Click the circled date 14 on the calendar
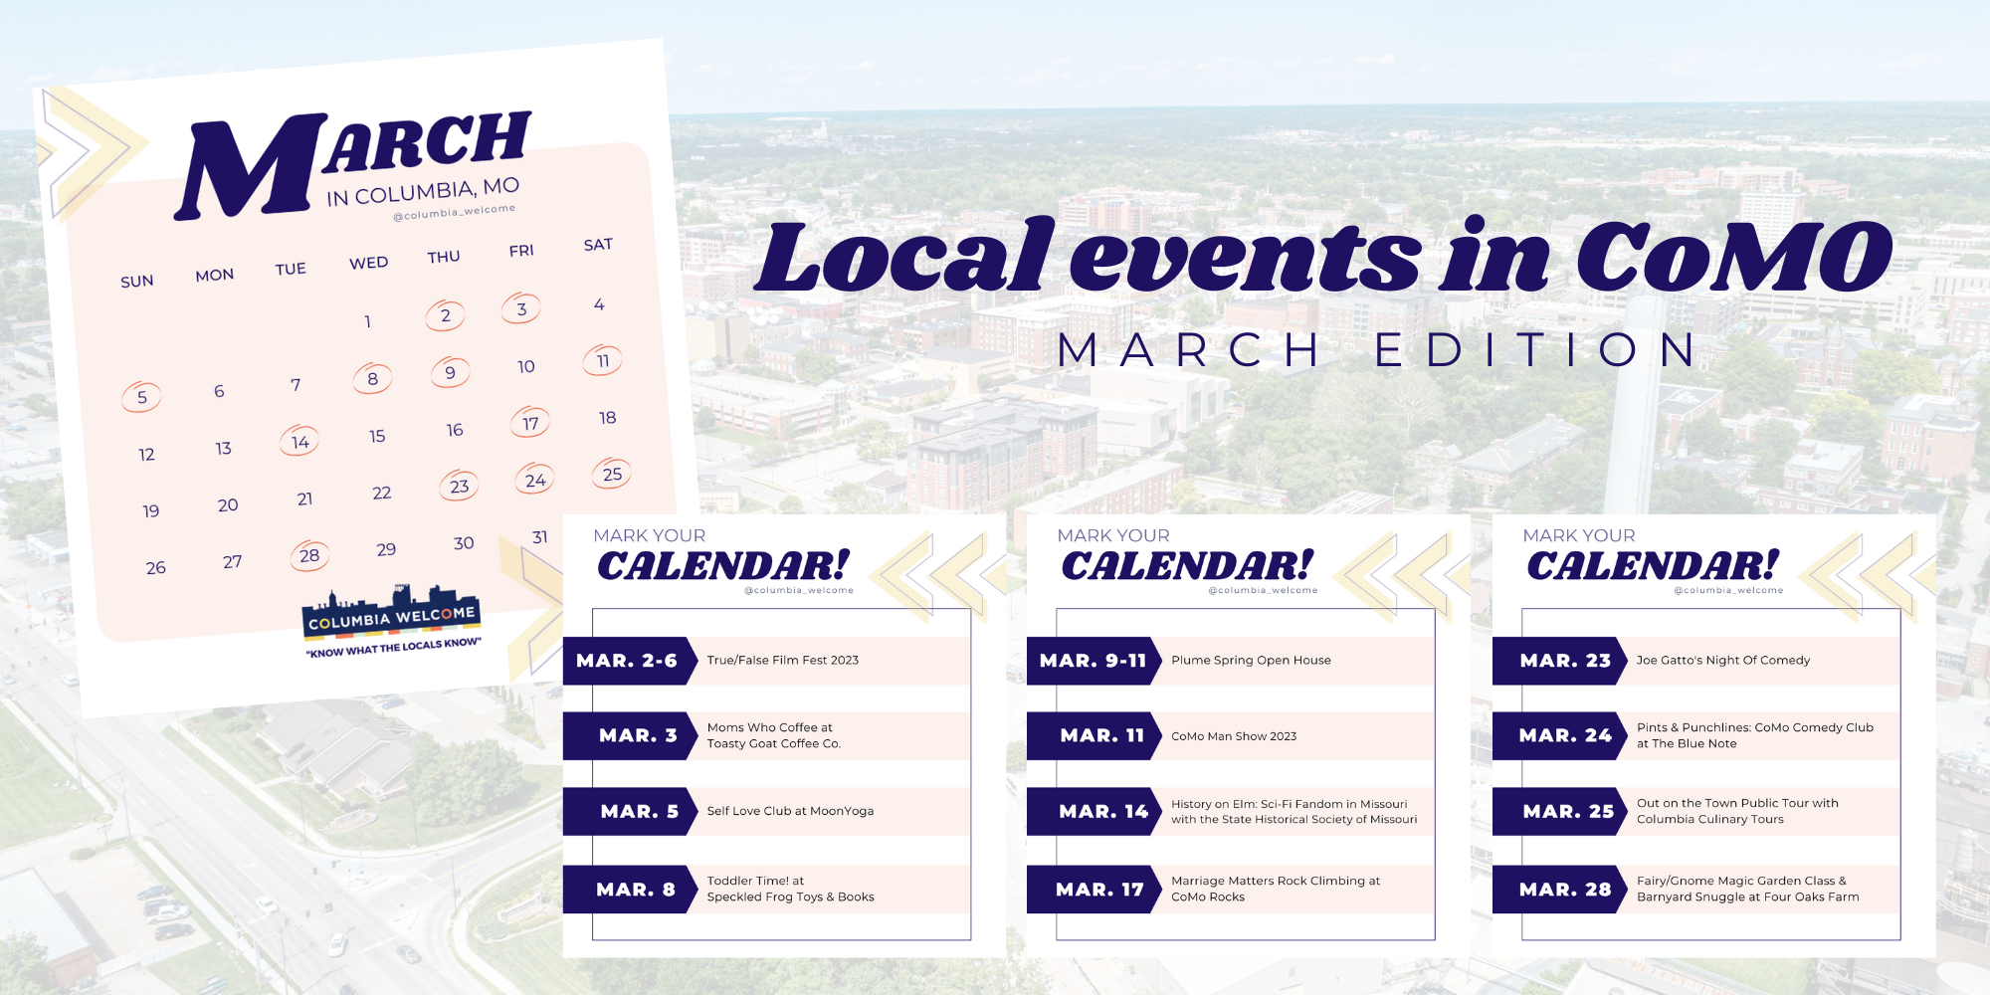pyautogui.click(x=299, y=441)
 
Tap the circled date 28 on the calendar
pyautogui.click(x=309, y=555)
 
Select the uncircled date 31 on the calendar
pyautogui.click(x=540, y=537)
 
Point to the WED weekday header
pyautogui.click(x=368, y=263)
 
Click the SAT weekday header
pyautogui.click(x=598, y=245)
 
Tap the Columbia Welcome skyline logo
pyautogui.click(x=391, y=613)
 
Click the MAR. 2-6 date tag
pyautogui.click(x=627, y=661)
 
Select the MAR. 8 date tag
pyautogui.click(x=635, y=890)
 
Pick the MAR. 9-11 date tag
pyautogui.click(x=1093, y=661)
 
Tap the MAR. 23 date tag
pyautogui.click(x=1564, y=661)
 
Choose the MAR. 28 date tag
pyautogui.click(x=1564, y=890)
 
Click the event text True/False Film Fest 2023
pyautogui.click(x=782, y=661)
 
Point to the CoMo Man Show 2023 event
pyautogui.click(x=1234, y=736)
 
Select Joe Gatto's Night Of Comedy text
pyautogui.click(x=1723, y=661)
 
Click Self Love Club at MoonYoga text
pyautogui.click(x=790, y=812)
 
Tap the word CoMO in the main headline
pyautogui.click(x=1733, y=257)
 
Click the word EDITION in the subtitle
pyautogui.click(x=1536, y=350)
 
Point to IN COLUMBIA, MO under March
pyautogui.click(x=423, y=191)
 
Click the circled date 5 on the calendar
pyautogui.click(x=141, y=397)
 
